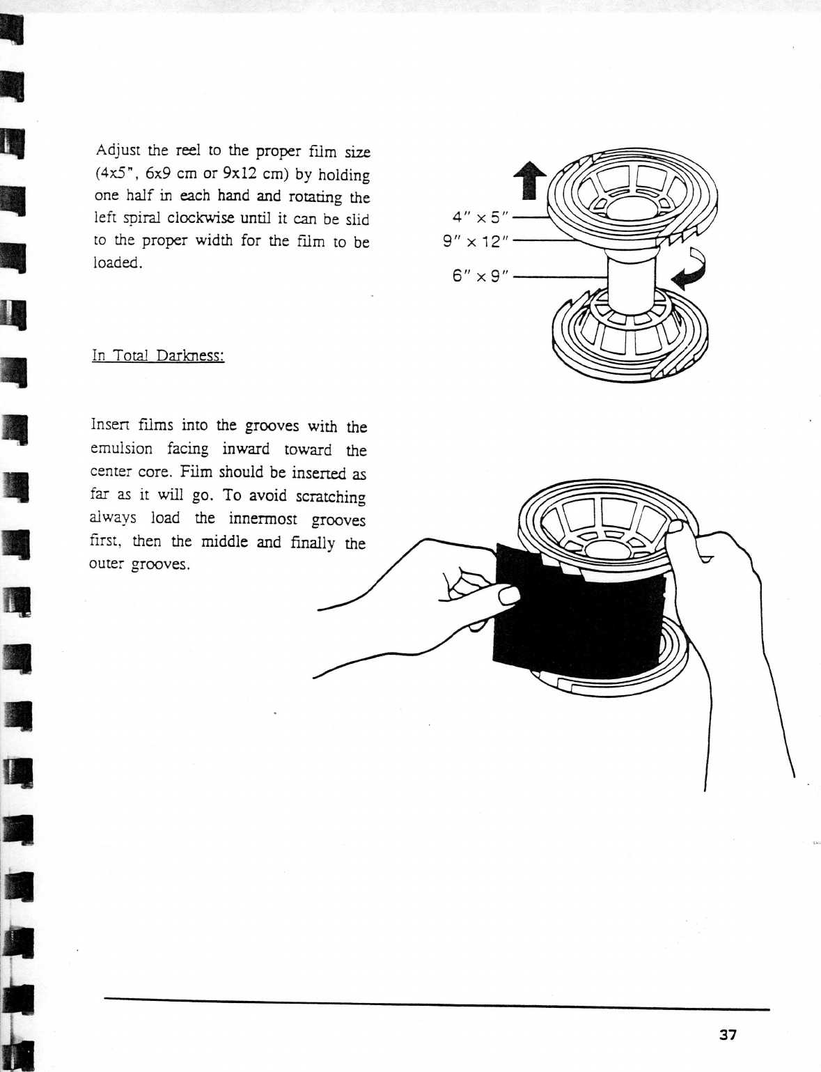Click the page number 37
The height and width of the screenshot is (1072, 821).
tap(728, 1035)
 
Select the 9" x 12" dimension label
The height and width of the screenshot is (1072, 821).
tap(477, 242)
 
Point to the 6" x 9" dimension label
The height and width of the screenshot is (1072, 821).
tap(483, 277)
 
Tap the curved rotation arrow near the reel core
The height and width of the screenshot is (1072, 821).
tap(689, 272)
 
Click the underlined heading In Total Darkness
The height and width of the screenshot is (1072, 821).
tap(157, 356)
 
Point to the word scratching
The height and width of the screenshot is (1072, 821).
tap(330, 497)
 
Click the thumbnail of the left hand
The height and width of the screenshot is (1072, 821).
tap(508, 596)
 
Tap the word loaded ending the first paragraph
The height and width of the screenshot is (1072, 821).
tap(118, 264)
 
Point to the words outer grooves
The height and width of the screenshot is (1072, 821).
tap(140, 564)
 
